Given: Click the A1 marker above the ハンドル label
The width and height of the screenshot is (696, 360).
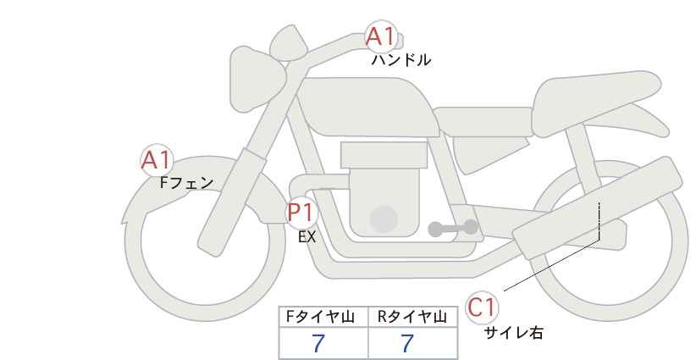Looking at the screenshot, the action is tap(380, 36).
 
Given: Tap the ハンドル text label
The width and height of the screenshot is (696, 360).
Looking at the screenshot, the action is tap(400, 60).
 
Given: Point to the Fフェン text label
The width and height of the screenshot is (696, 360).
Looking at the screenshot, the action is tap(186, 183).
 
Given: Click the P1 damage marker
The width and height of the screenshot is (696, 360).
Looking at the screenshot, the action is tap(301, 212).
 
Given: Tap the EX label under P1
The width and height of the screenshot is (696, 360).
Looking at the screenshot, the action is tap(307, 237).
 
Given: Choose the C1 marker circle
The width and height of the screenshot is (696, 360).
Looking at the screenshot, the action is tap(482, 307).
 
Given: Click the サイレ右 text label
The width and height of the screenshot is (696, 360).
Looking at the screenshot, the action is tap(513, 333).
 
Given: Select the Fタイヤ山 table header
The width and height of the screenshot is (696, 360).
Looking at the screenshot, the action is tap(320, 317).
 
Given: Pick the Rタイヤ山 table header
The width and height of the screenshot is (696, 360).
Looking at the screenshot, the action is tap(412, 317).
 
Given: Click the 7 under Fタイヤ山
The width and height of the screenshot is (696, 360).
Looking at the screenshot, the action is tap(318, 344).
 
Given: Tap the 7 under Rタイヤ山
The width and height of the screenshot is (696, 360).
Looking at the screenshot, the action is tap(407, 344).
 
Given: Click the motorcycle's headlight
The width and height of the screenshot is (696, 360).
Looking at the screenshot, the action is tap(257, 80).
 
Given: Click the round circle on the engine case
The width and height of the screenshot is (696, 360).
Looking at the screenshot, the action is tap(384, 219).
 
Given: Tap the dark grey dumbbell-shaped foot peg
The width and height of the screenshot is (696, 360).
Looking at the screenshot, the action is tap(453, 228).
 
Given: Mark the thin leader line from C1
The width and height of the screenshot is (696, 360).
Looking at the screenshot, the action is tap(552, 265).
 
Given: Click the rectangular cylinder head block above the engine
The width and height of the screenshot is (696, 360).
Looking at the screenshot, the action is tap(384, 155).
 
